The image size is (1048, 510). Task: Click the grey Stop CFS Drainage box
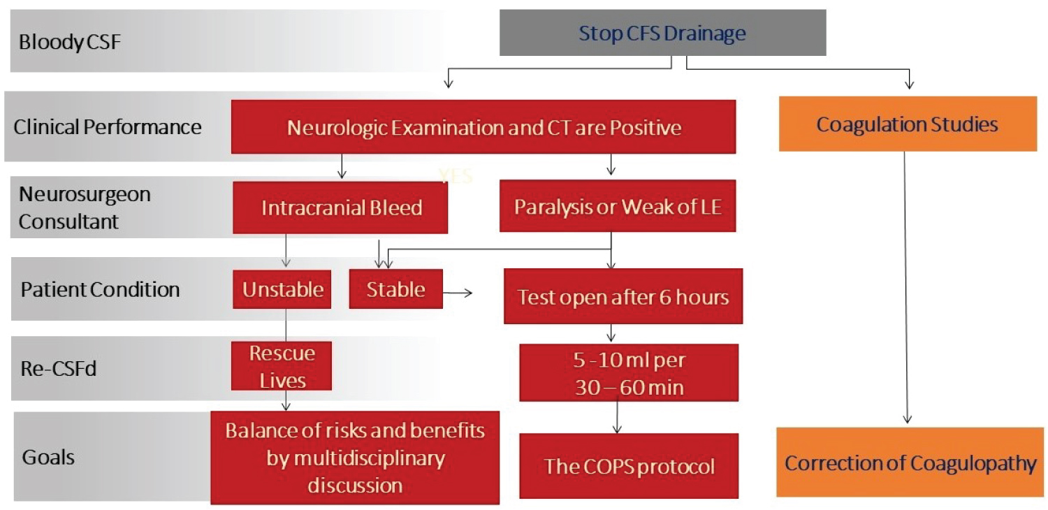coord(662,33)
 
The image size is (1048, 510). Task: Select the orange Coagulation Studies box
coord(907,124)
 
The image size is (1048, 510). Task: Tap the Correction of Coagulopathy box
coord(910,463)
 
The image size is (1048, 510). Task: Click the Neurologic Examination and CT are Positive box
coord(483,127)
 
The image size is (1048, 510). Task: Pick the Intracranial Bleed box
coord(341,208)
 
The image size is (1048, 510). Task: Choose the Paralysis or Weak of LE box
coord(617,207)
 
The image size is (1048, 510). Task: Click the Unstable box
coord(282,289)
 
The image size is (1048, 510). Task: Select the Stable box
coord(395,289)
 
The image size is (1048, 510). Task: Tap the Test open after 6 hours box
coord(623,297)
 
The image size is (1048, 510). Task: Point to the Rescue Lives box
coord(282,366)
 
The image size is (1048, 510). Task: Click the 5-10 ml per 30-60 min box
coord(628,372)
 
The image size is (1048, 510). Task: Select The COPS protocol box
coord(629,466)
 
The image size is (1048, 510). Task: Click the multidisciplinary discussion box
coord(355,458)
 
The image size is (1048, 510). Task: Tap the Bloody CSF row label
coord(70,42)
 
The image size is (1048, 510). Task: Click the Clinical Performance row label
coord(108,127)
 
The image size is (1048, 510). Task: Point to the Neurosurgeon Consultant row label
coord(84,207)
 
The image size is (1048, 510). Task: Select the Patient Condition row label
coord(100,289)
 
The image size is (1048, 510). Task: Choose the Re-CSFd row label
coord(59,367)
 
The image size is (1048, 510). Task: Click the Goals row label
coord(48,458)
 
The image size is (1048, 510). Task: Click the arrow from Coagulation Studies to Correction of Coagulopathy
coord(906,286)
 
